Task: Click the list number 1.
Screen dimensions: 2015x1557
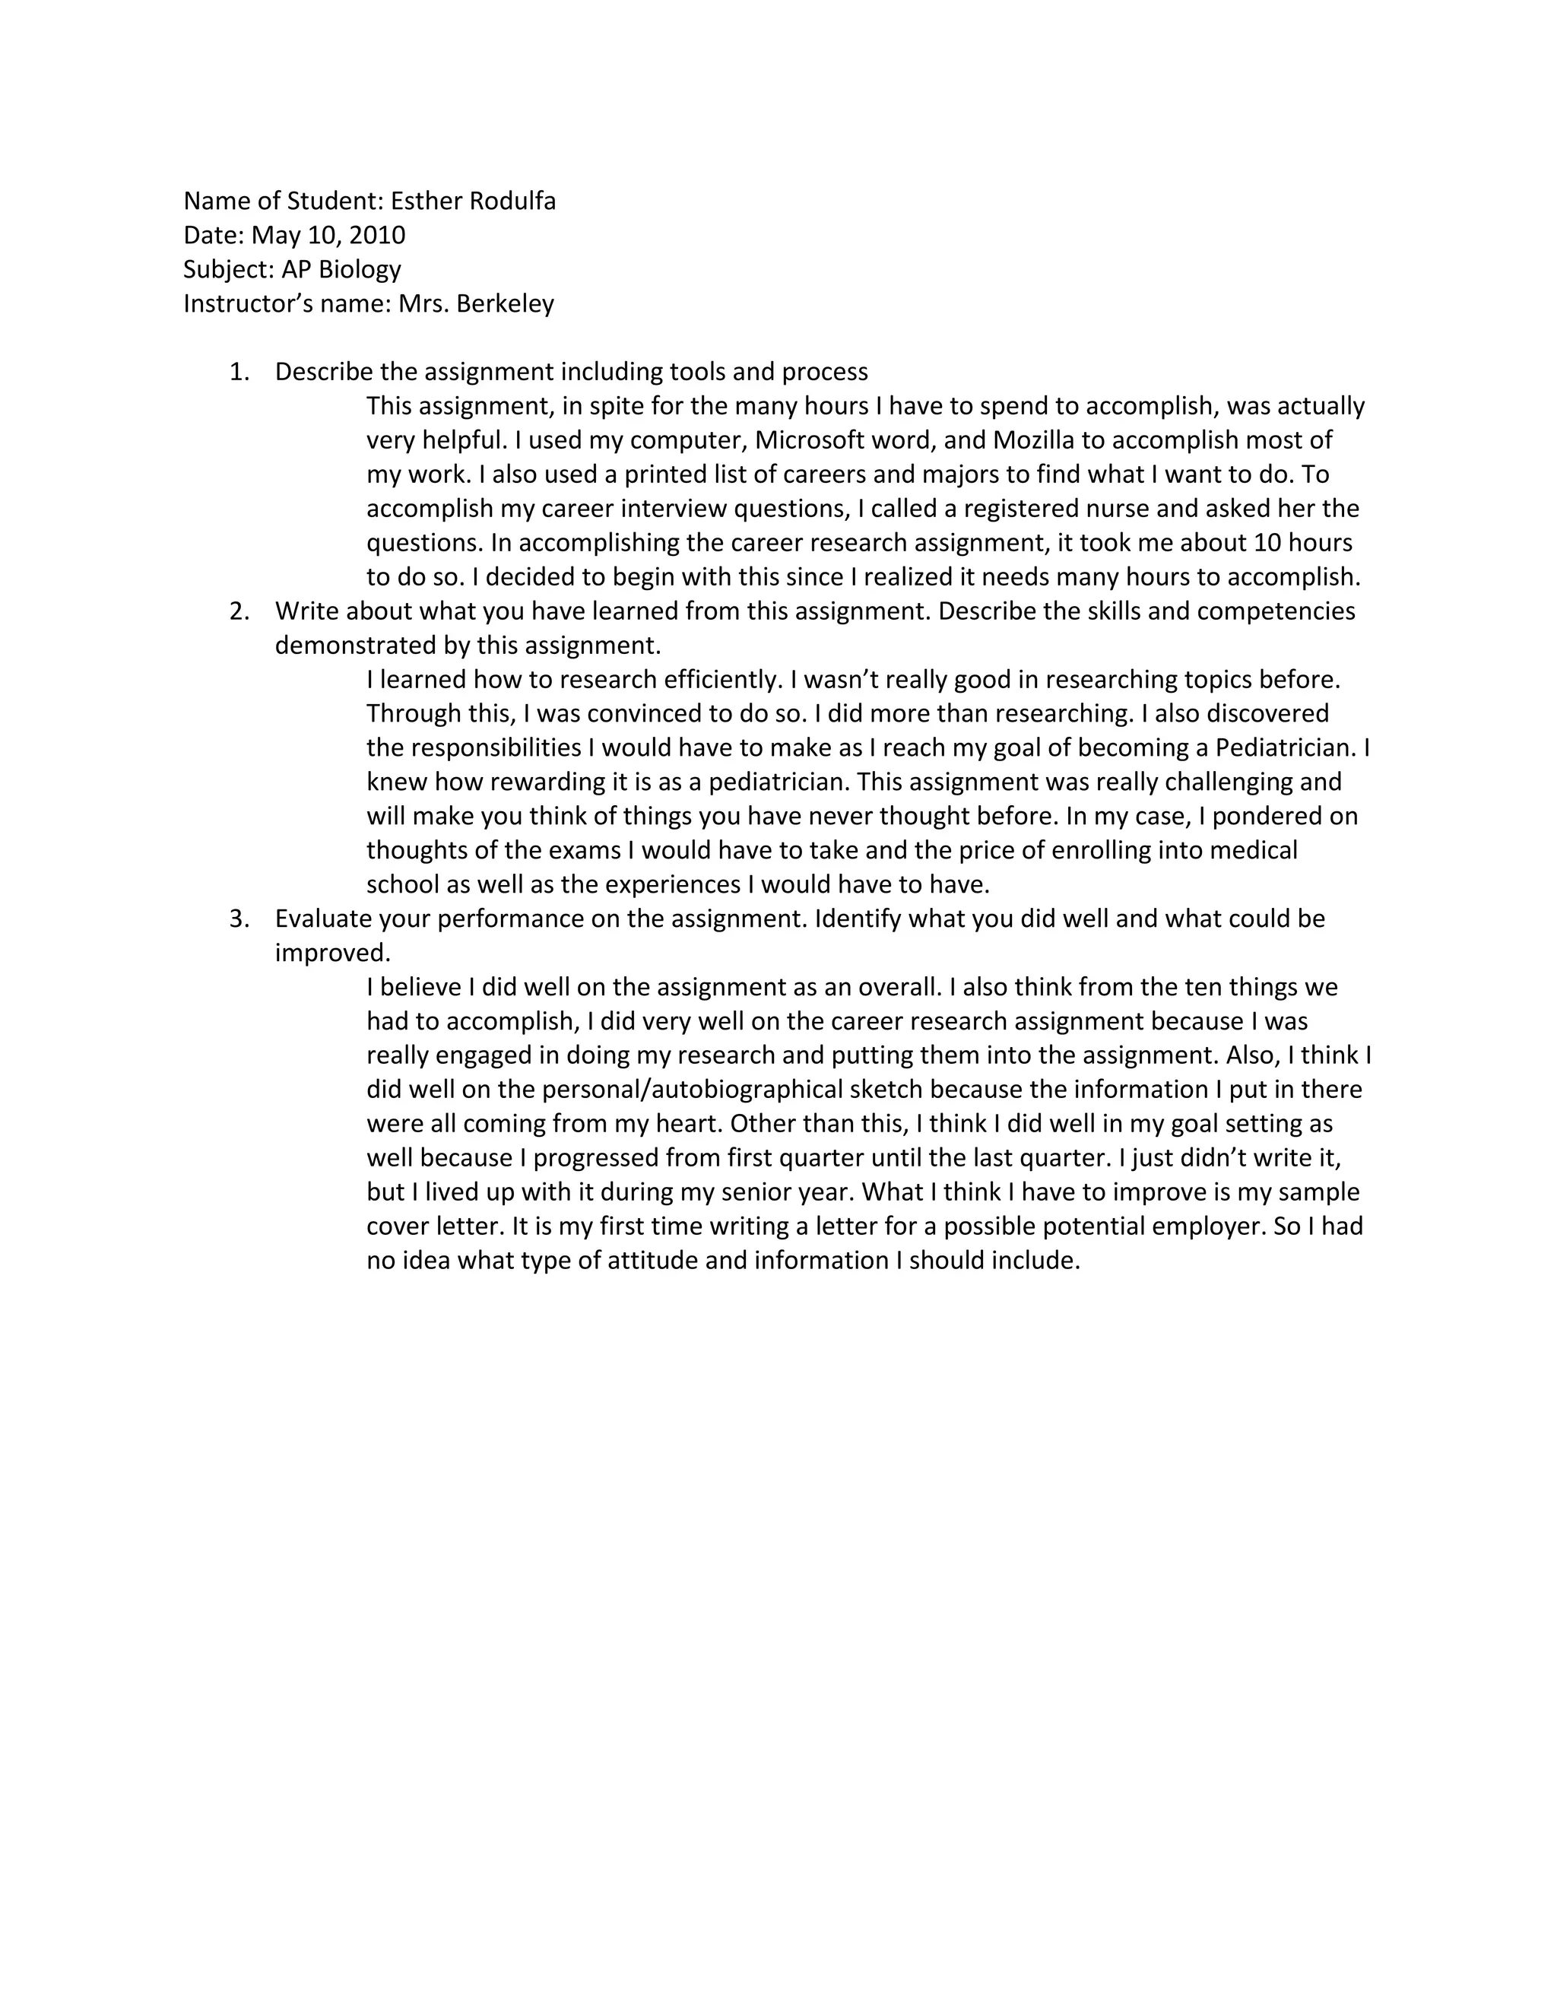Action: tap(238, 372)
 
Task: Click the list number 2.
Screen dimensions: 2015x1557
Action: tap(238, 611)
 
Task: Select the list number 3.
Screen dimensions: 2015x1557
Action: tap(238, 919)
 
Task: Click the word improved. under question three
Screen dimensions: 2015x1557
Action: tap(332, 953)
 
